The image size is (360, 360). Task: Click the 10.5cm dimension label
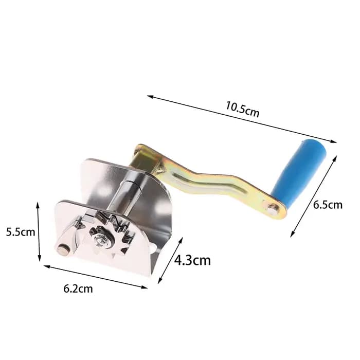(242, 109)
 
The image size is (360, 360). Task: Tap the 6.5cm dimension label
(328, 205)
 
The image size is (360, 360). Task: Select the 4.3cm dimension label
(192, 261)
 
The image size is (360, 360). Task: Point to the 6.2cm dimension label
(78, 289)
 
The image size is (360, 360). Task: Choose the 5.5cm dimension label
(21, 232)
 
